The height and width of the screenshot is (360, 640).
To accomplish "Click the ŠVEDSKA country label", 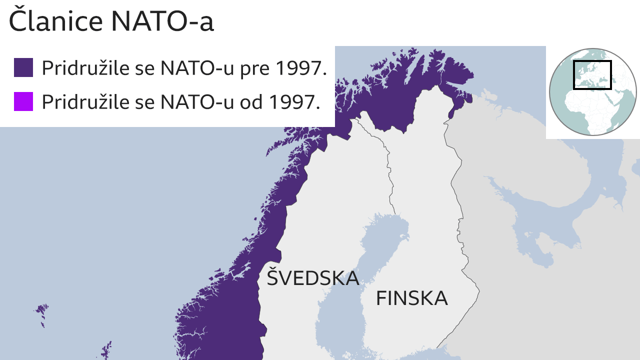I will [312, 278].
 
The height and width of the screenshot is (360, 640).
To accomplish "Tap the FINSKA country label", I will [411, 298].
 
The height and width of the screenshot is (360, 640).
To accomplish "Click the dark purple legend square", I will [23, 67].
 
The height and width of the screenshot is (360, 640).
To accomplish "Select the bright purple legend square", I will [23, 101].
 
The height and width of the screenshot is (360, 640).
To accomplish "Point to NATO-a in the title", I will [162, 21].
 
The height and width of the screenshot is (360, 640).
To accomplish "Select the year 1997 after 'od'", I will [295, 102].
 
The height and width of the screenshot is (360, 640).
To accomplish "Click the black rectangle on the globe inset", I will [592, 75].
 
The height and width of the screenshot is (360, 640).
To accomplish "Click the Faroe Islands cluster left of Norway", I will [41, 312].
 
